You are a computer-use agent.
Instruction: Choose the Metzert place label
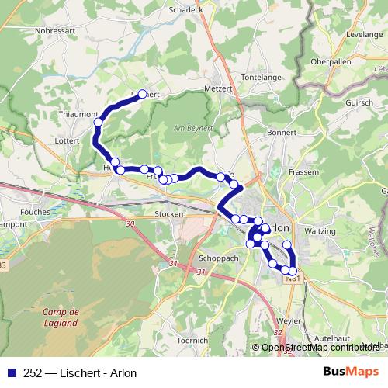pyautogui.click(x=217, y=88)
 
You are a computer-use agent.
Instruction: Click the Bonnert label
pyautogui.click(x=282, y=133)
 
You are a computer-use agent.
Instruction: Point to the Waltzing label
pyautogui.click(x=320, y=230)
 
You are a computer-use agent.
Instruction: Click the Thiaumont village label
pyautogui.click(x=78, y=113)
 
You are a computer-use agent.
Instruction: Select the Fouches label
pyautogui.click(x=36, y=210)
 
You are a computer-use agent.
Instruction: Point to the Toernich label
pyautogui.click(x=192, y=340)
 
